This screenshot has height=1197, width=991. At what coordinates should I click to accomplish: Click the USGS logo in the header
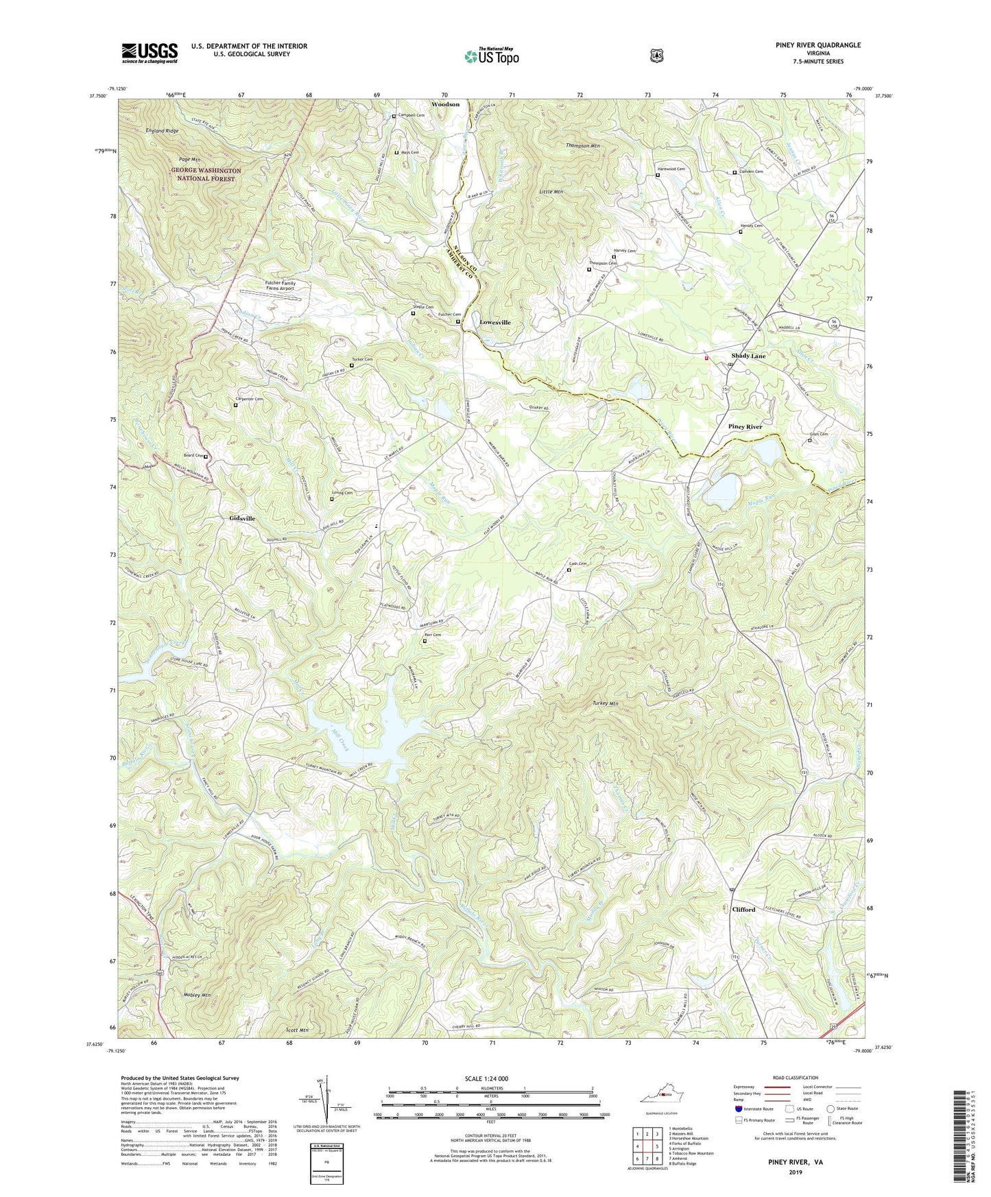150,53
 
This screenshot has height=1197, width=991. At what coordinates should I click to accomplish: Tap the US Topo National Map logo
491,56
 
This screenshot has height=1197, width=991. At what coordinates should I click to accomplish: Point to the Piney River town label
745,426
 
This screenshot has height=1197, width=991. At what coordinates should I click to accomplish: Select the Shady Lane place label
748,356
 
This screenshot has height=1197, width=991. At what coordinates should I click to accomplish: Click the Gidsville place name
237,519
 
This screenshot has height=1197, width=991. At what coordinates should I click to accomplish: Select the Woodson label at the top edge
445,104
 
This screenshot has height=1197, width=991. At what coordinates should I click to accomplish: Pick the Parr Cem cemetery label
432,635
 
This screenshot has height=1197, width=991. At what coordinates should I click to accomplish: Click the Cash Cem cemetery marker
569,570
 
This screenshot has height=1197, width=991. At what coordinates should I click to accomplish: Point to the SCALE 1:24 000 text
486,1078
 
